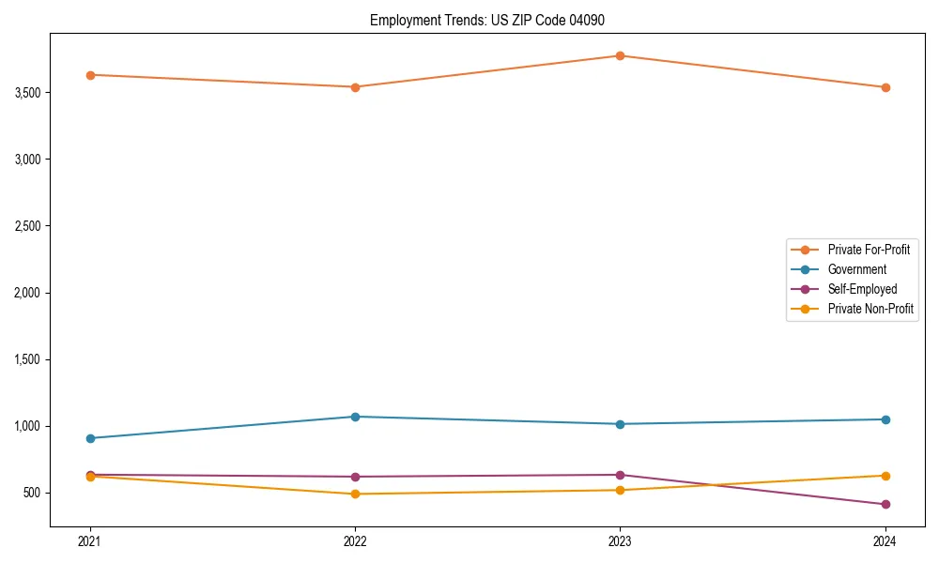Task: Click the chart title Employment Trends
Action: [x=493, y=20]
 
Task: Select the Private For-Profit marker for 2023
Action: [x=620, y=55]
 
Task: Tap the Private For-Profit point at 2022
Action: [x=355, y=87]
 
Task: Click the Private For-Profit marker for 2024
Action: [x=885, y=87]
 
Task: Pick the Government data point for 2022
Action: [x=355, y=417]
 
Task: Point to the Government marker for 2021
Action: [x=90, y=438]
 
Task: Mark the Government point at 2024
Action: [x=885, y=419]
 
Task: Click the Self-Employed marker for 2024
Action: [x=885, y=505]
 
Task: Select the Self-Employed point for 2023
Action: [x=620, y=475]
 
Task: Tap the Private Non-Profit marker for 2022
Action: [x=355, y=494]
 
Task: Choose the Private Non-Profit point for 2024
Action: [x=885, y=476]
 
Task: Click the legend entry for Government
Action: [x=856, y=269]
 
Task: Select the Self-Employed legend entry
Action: [x=862, y=289]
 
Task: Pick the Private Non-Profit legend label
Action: [x=870, y=309]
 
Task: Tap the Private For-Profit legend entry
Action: [x=869, y=250]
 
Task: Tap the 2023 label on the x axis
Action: [x=620, y=541]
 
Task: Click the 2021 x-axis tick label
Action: [x=90, y=541]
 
